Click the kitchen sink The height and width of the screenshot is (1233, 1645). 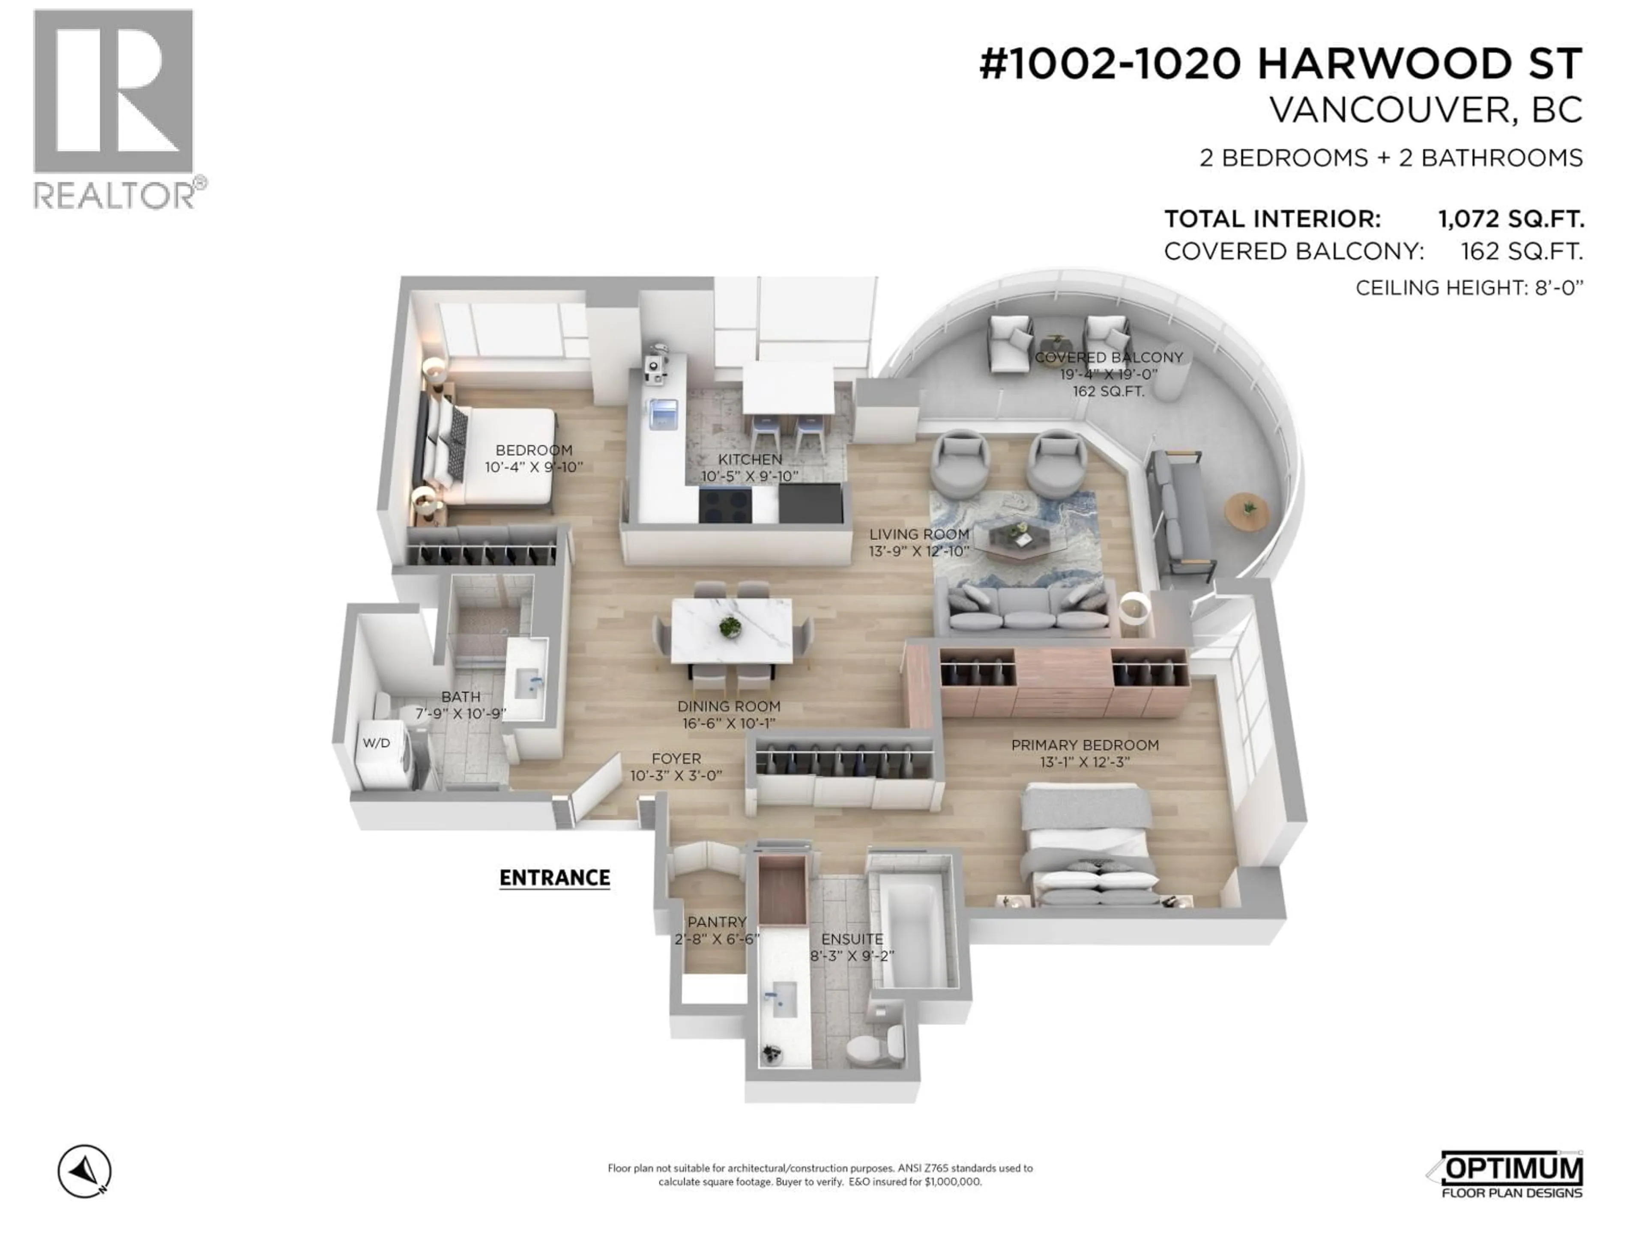click(x=663, y=414)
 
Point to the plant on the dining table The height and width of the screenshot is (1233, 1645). click(x=730, y=626)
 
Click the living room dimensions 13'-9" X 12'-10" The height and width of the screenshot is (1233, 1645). click(x=919, y=551)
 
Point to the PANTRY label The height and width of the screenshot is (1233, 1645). click(x=716, y=922)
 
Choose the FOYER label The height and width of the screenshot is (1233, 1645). click(x=676, y=758)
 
